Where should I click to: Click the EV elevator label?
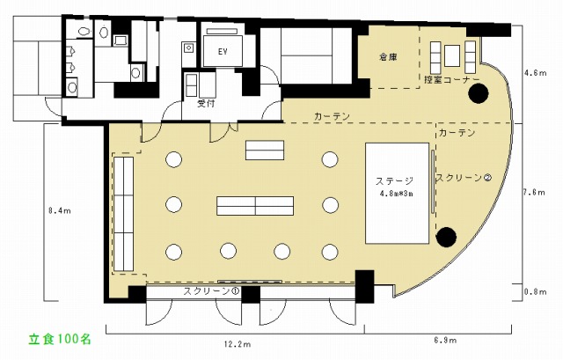click(x=223, y=51)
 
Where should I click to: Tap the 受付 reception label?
click(x=207, y=104)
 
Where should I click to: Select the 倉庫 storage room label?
click(x=388, y=56)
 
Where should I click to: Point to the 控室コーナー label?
click(x=451, y=80)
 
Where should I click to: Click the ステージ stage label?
click(x=394, y=180)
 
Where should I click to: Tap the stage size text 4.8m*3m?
click(x=397, y=194)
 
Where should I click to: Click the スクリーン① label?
click(x=211, y=291)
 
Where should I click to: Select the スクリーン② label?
click(x=464, y=178)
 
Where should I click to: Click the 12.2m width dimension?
click(x=238, y=344)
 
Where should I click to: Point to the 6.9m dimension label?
click(x=445, y=340)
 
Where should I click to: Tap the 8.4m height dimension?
click(x=60, y=211)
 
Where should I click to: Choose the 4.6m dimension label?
click(x=536, y=73)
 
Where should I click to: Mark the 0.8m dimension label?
click(x=536, y=291)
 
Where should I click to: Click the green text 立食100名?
click(x=60, y=340)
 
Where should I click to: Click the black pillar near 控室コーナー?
click(x=479, y=93)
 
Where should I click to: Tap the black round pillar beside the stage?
click(x=446, y=237)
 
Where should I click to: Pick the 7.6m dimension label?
click(x=534, y=192)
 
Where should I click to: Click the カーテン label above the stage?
click(x=457, y=133)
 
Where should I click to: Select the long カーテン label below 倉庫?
click(x=332, y=116)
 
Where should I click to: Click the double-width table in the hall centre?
click(x=255, y=206)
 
